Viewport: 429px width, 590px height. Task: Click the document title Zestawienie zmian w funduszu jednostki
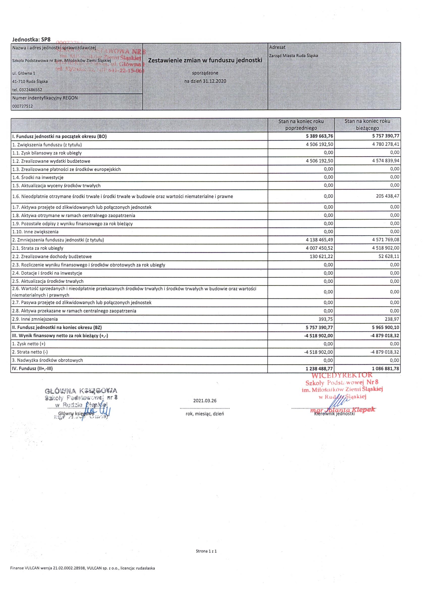(205, 60)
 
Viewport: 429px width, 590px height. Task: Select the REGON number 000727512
(23, 106)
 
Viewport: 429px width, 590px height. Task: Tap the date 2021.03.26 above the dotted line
(205, 401)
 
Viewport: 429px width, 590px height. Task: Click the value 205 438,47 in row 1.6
(387, 196)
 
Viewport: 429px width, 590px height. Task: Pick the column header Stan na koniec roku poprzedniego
(301, 125)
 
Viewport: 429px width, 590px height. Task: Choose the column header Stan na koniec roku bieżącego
(367, 125)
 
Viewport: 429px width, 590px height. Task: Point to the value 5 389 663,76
(316, 136)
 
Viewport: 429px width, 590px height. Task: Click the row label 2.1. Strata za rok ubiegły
(38, 248)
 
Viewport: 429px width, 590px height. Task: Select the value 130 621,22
(320, 256)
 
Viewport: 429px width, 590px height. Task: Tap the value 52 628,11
(389, 256)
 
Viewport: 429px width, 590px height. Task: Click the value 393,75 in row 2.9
(326, 319)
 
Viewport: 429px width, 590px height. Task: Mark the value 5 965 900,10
(383, 327)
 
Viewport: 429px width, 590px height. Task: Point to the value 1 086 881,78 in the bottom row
(383, 369)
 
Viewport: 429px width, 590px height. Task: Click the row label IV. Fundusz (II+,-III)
(32, 369)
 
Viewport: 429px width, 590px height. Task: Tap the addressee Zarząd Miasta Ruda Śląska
(293, 56)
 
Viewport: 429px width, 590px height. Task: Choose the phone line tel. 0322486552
(27, 90)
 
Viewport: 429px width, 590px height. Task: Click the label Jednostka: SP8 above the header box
(31, 40)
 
